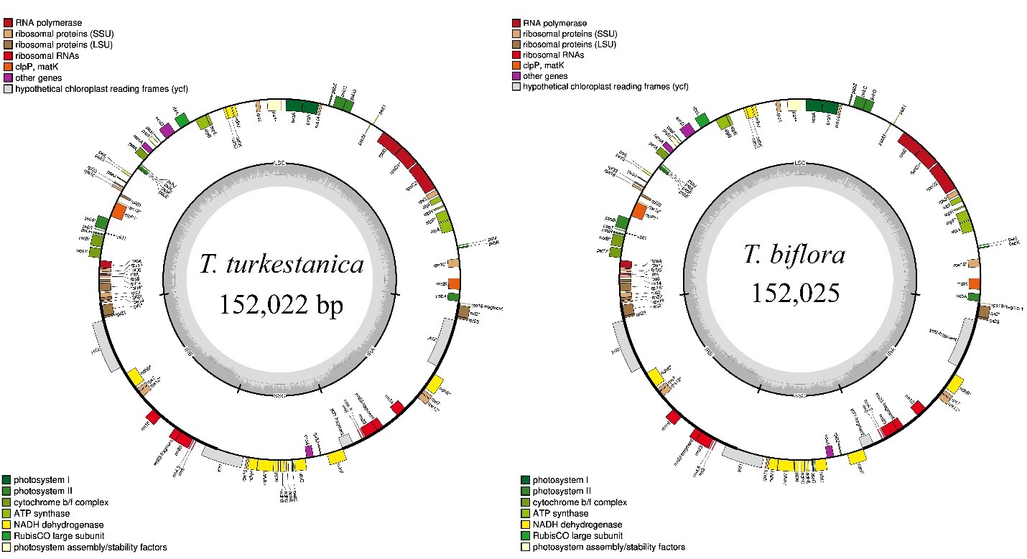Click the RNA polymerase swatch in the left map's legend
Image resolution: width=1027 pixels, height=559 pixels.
8,22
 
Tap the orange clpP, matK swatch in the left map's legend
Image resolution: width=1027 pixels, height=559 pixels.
8,67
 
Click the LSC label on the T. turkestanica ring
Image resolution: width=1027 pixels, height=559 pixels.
279,164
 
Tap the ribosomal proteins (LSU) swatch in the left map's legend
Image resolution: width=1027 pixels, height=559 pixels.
8,44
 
